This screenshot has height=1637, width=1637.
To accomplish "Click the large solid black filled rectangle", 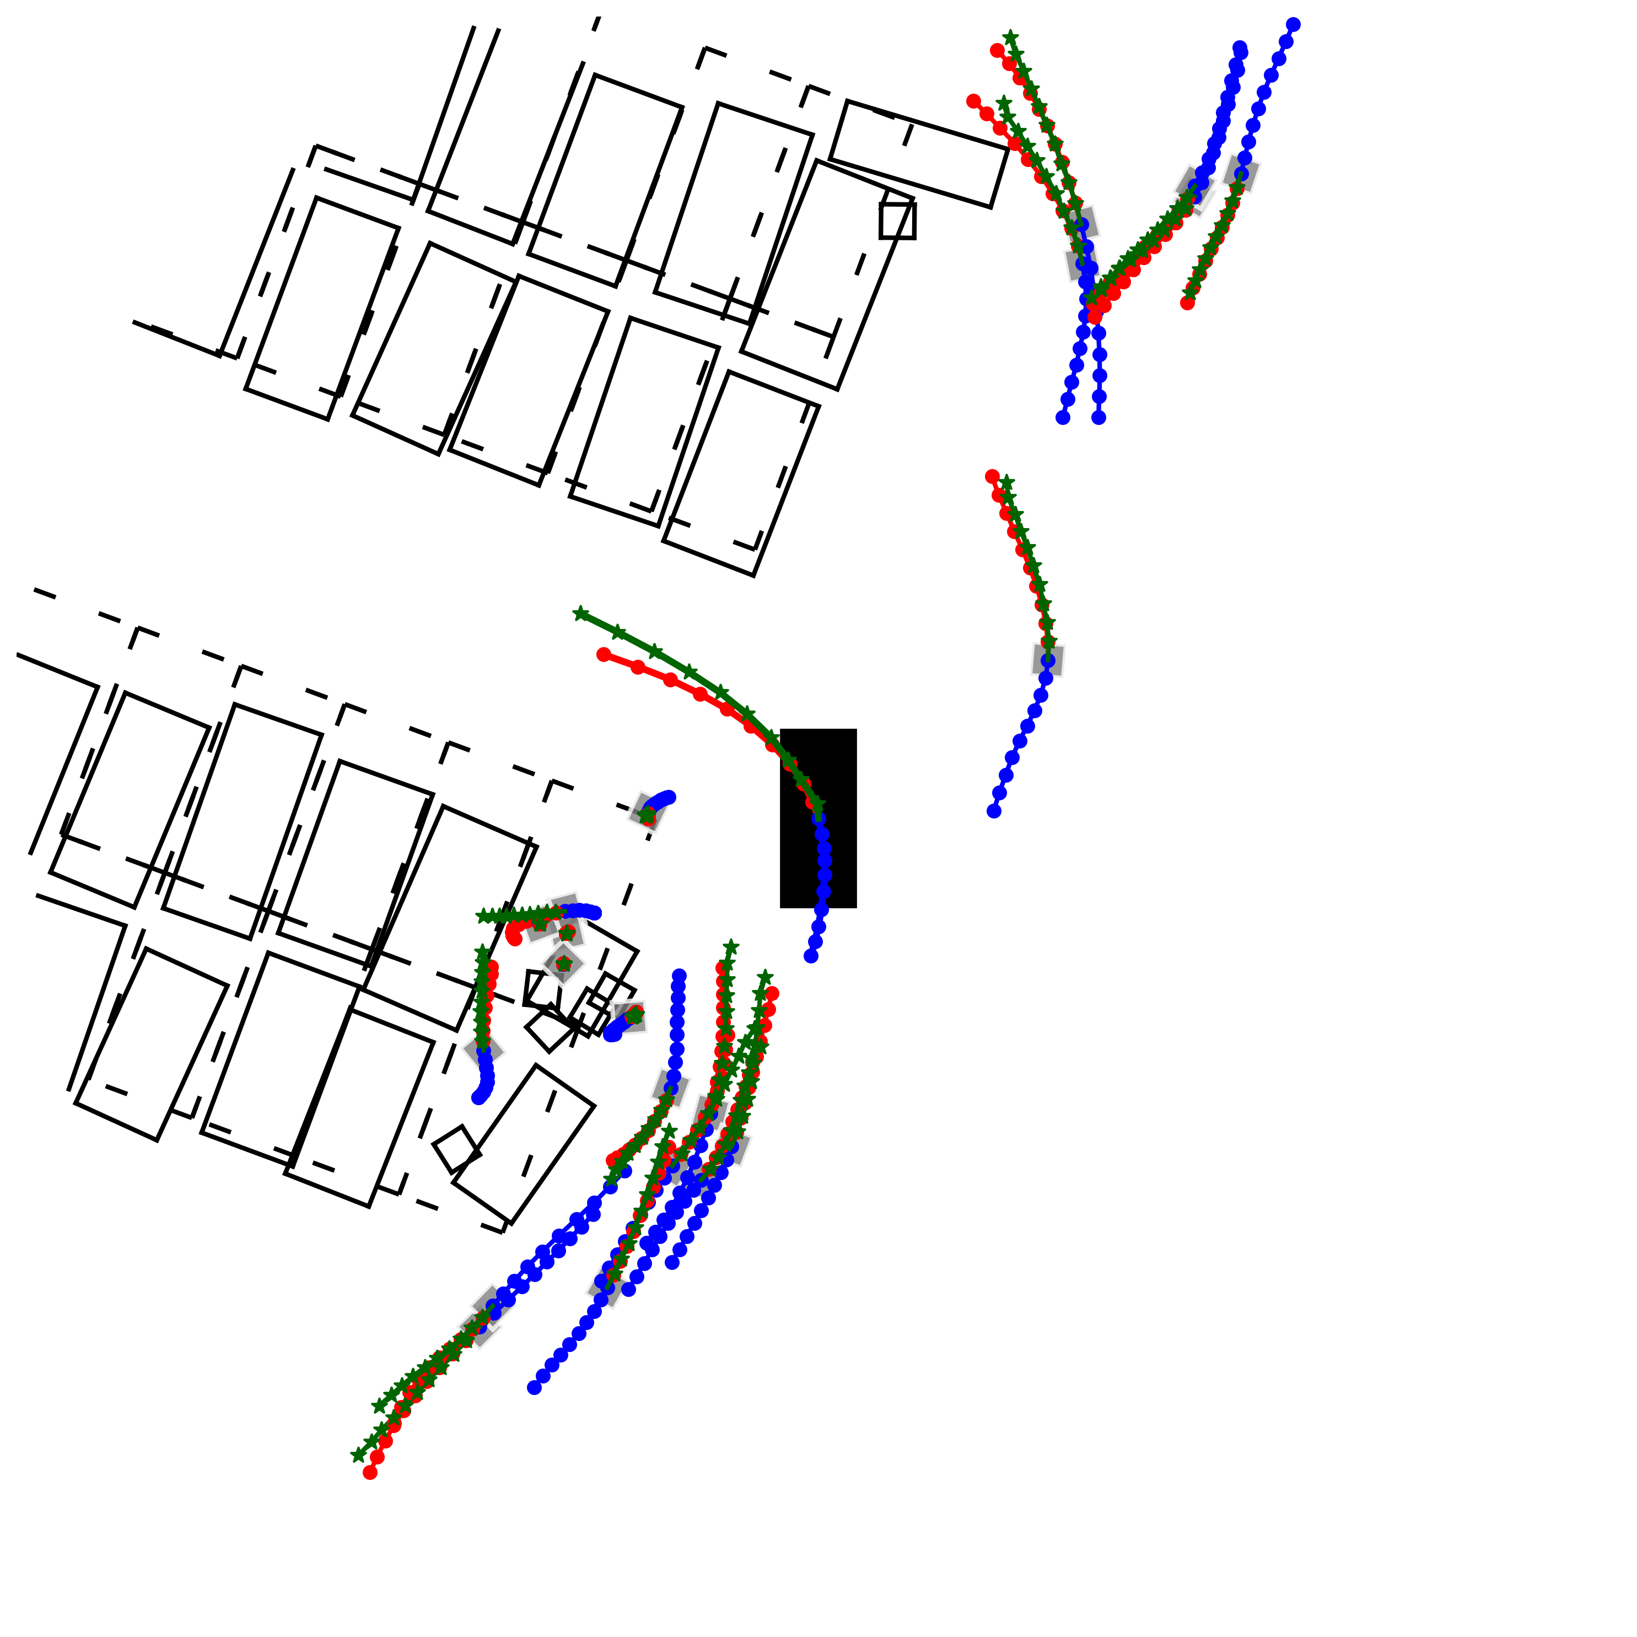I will (x=817, y=817).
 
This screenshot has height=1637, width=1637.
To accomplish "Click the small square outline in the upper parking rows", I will (x=897, y=221).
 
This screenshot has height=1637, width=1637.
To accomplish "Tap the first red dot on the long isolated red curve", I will (x=604, y=654).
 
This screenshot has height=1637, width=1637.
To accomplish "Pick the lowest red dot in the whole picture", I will (x=370, y=1473).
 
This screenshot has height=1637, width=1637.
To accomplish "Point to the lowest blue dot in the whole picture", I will (x=534, y=1387).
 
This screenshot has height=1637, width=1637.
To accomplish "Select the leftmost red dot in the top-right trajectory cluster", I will (x=973, y=101).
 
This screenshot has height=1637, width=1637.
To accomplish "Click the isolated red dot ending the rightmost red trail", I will (x=1188, y=303).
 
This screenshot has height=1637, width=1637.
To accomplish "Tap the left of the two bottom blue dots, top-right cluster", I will (x=1063, y=417).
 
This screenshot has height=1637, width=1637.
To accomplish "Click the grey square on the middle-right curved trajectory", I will (x=1048, y=659).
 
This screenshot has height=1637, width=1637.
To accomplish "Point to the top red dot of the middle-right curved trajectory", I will (x=992, y=476).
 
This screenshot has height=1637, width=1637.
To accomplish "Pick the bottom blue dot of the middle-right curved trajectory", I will (x=994, y=811).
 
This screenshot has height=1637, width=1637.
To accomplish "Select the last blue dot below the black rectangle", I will (x=811, y=956).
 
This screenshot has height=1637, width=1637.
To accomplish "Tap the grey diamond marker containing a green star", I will (x=563, y=964).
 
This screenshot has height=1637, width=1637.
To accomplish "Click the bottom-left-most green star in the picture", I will (x=358, y=1455).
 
